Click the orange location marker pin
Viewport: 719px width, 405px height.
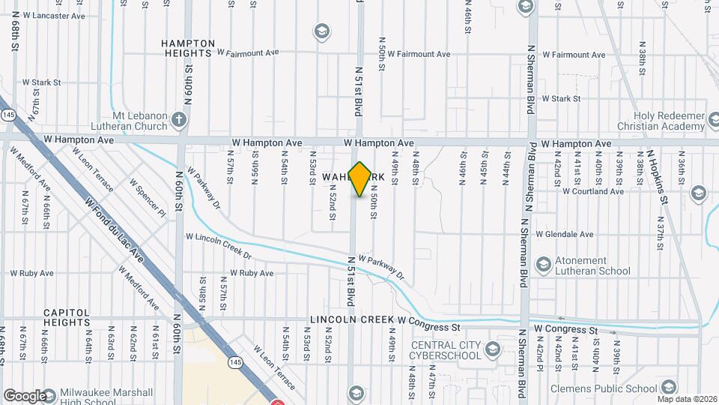359,179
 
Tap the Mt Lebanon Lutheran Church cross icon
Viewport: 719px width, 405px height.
178,119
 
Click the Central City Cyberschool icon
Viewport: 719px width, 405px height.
493,349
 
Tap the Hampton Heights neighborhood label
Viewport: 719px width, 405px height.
186,49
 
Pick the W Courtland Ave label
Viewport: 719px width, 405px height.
593,191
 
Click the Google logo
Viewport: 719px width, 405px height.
24,395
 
